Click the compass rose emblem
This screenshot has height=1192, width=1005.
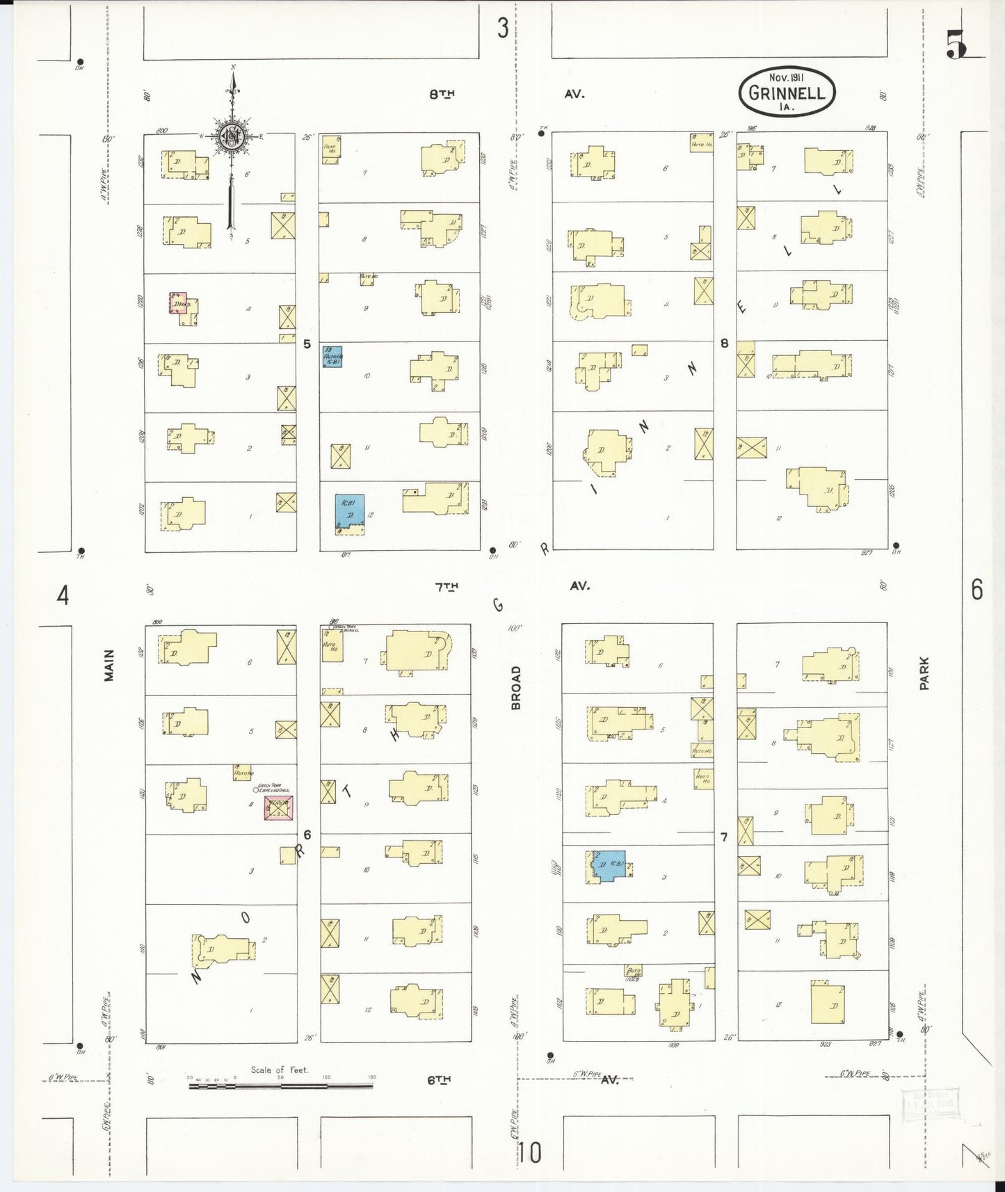[x=230, y=137]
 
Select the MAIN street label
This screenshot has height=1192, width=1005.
[x=109, y=666]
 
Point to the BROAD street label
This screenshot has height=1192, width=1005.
[x=515, y=688]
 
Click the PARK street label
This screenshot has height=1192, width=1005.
[x=924, y=674]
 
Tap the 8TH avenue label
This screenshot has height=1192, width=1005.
[x=442, y=95]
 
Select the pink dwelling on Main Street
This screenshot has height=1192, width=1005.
[x=179, y=303]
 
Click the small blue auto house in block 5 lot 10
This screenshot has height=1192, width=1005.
[x=332, y=357]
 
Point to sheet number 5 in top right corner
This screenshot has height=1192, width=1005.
[x=956, y=47]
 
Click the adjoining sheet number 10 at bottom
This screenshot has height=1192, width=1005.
[x=530, y=1153]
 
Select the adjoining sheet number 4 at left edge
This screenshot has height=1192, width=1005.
[x=63, y=595]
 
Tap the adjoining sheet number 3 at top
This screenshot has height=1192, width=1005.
[x=502, y=29]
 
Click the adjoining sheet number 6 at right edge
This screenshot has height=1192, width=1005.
[x=977, y=590]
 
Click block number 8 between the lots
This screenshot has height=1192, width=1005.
[x=725, y=343]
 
